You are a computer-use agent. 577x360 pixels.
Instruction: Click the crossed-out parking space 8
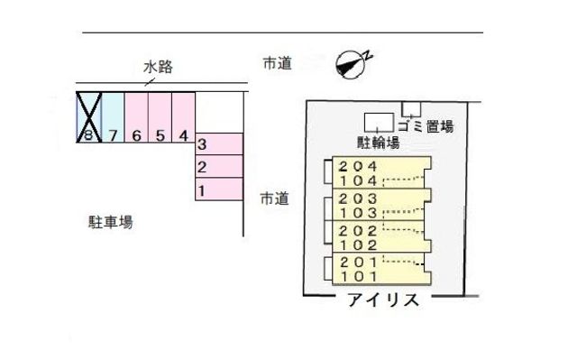88,118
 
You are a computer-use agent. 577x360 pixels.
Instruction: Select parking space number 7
113,118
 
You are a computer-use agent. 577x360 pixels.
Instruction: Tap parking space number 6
136,118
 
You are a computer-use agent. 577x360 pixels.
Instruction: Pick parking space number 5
160,118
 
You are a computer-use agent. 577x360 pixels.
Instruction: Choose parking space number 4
183,118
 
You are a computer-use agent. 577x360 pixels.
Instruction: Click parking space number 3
219,144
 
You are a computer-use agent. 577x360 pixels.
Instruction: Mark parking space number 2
219,167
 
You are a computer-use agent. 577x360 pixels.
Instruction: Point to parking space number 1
219,189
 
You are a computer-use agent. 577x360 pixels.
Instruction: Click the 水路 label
158,66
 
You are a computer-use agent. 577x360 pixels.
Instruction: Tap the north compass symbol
351,61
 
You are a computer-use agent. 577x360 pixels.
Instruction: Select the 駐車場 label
110,221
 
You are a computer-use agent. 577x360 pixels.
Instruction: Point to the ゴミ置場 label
428,127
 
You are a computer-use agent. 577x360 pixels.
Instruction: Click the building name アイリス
383,300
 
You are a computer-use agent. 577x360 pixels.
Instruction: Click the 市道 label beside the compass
277,63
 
